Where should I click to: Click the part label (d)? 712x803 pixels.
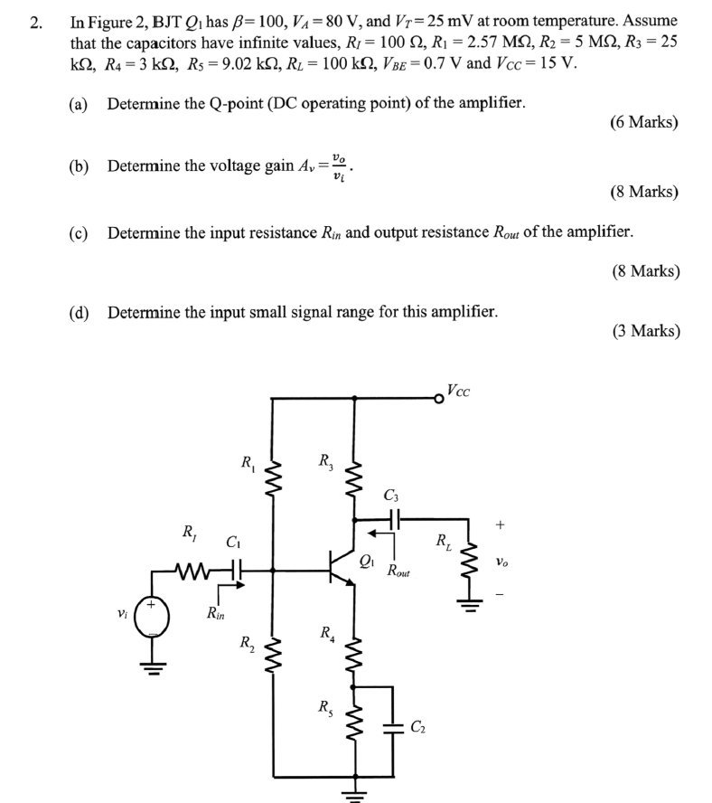(79, 312)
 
